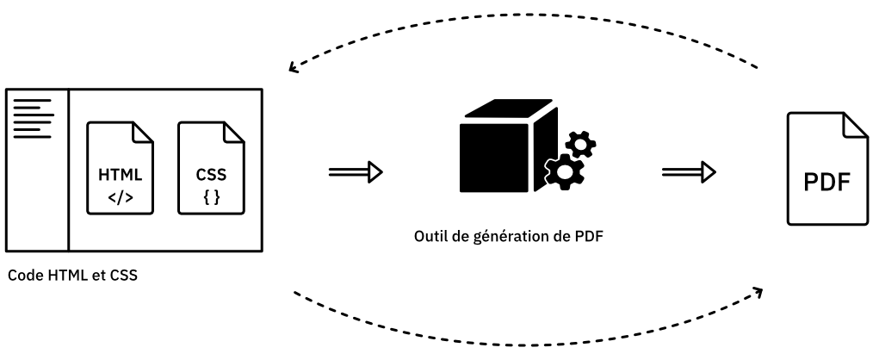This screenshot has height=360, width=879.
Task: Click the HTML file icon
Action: pos(121,168)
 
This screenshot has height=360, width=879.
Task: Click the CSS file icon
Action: pos(211,168)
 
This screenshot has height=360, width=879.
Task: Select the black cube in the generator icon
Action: pos(495,151)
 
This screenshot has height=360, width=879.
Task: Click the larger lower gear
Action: pos(565,171)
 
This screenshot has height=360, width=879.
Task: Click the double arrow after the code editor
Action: pos(355,173)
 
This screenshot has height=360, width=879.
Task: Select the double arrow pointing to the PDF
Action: pos(689,173)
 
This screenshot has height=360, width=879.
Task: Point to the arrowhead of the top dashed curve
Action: pos(294,68)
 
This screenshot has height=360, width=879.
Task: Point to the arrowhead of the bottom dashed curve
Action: pos(758,292)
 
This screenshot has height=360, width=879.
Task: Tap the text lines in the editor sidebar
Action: pos(33,118)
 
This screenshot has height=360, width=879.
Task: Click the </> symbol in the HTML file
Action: pos(121,197)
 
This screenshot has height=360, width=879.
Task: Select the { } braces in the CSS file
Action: pos(211,197)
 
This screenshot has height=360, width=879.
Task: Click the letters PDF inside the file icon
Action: pos(826,184)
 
